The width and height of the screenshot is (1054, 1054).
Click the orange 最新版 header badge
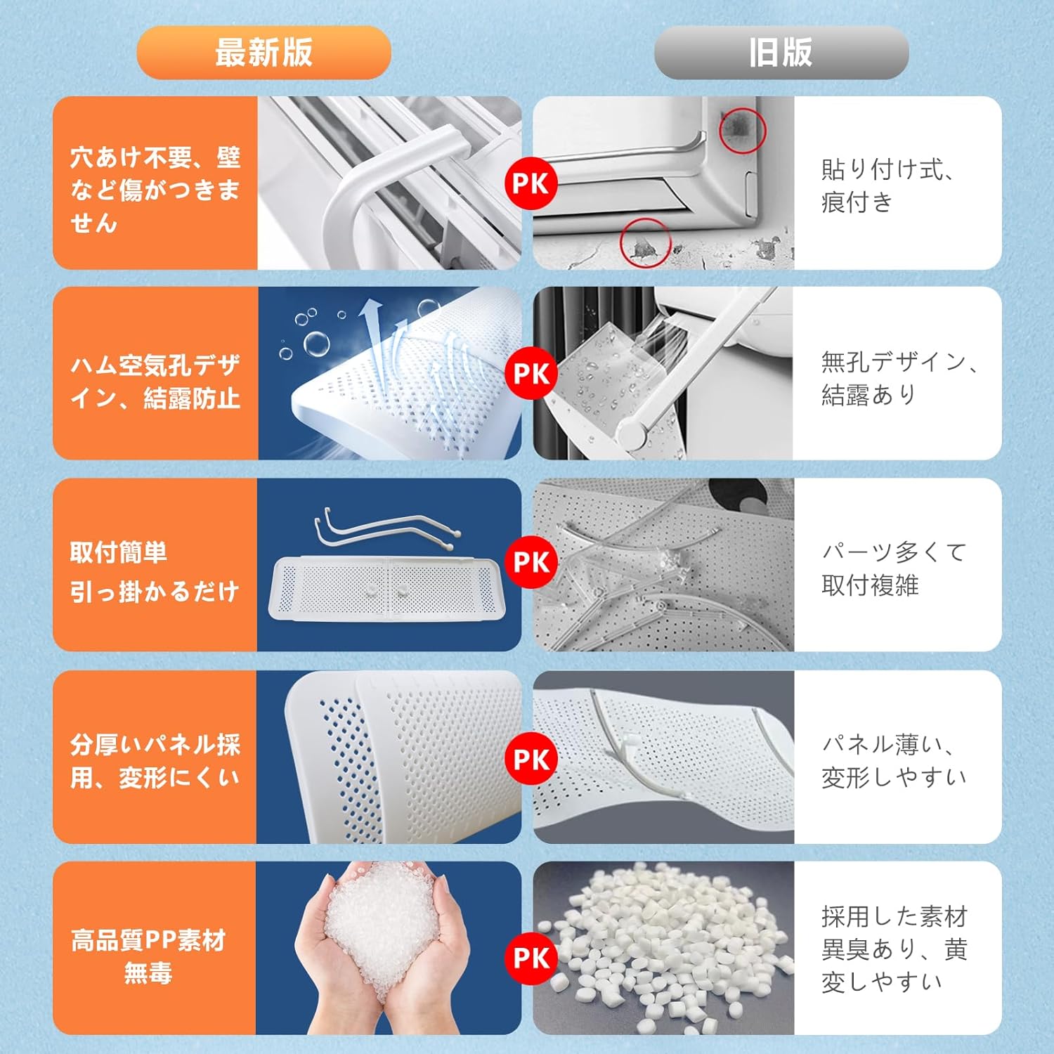click(x=263, y=53)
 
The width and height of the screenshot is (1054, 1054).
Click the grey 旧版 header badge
click(x=781, y=53)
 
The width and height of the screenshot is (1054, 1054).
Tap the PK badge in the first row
click(x=531, y=184)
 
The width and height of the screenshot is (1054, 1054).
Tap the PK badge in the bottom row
click(x=531, y=958)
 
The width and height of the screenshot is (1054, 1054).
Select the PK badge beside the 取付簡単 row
click(x=531, y=562)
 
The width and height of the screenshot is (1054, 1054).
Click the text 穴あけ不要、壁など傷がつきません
click(x=155, y=190)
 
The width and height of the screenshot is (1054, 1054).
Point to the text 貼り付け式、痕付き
click(x=887, y=186)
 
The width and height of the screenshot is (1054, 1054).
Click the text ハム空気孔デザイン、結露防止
click(x=155, y=382)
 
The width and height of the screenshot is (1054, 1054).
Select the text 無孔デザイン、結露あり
click(x=898, y=378)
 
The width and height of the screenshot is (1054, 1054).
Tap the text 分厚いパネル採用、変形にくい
click(x=155, y=761)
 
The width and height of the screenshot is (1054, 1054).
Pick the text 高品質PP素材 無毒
click(x=148, y=956)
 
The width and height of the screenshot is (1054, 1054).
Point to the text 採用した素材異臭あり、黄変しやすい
click(x=894, y=949)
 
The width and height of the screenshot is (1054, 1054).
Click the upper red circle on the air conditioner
click(x=742, y=130)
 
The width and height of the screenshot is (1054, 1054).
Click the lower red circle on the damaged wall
click(x=645, y=242)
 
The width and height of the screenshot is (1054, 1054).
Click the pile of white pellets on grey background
click(x=664, y=945)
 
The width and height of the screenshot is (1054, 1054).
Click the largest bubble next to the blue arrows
click(x=316, y=344)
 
